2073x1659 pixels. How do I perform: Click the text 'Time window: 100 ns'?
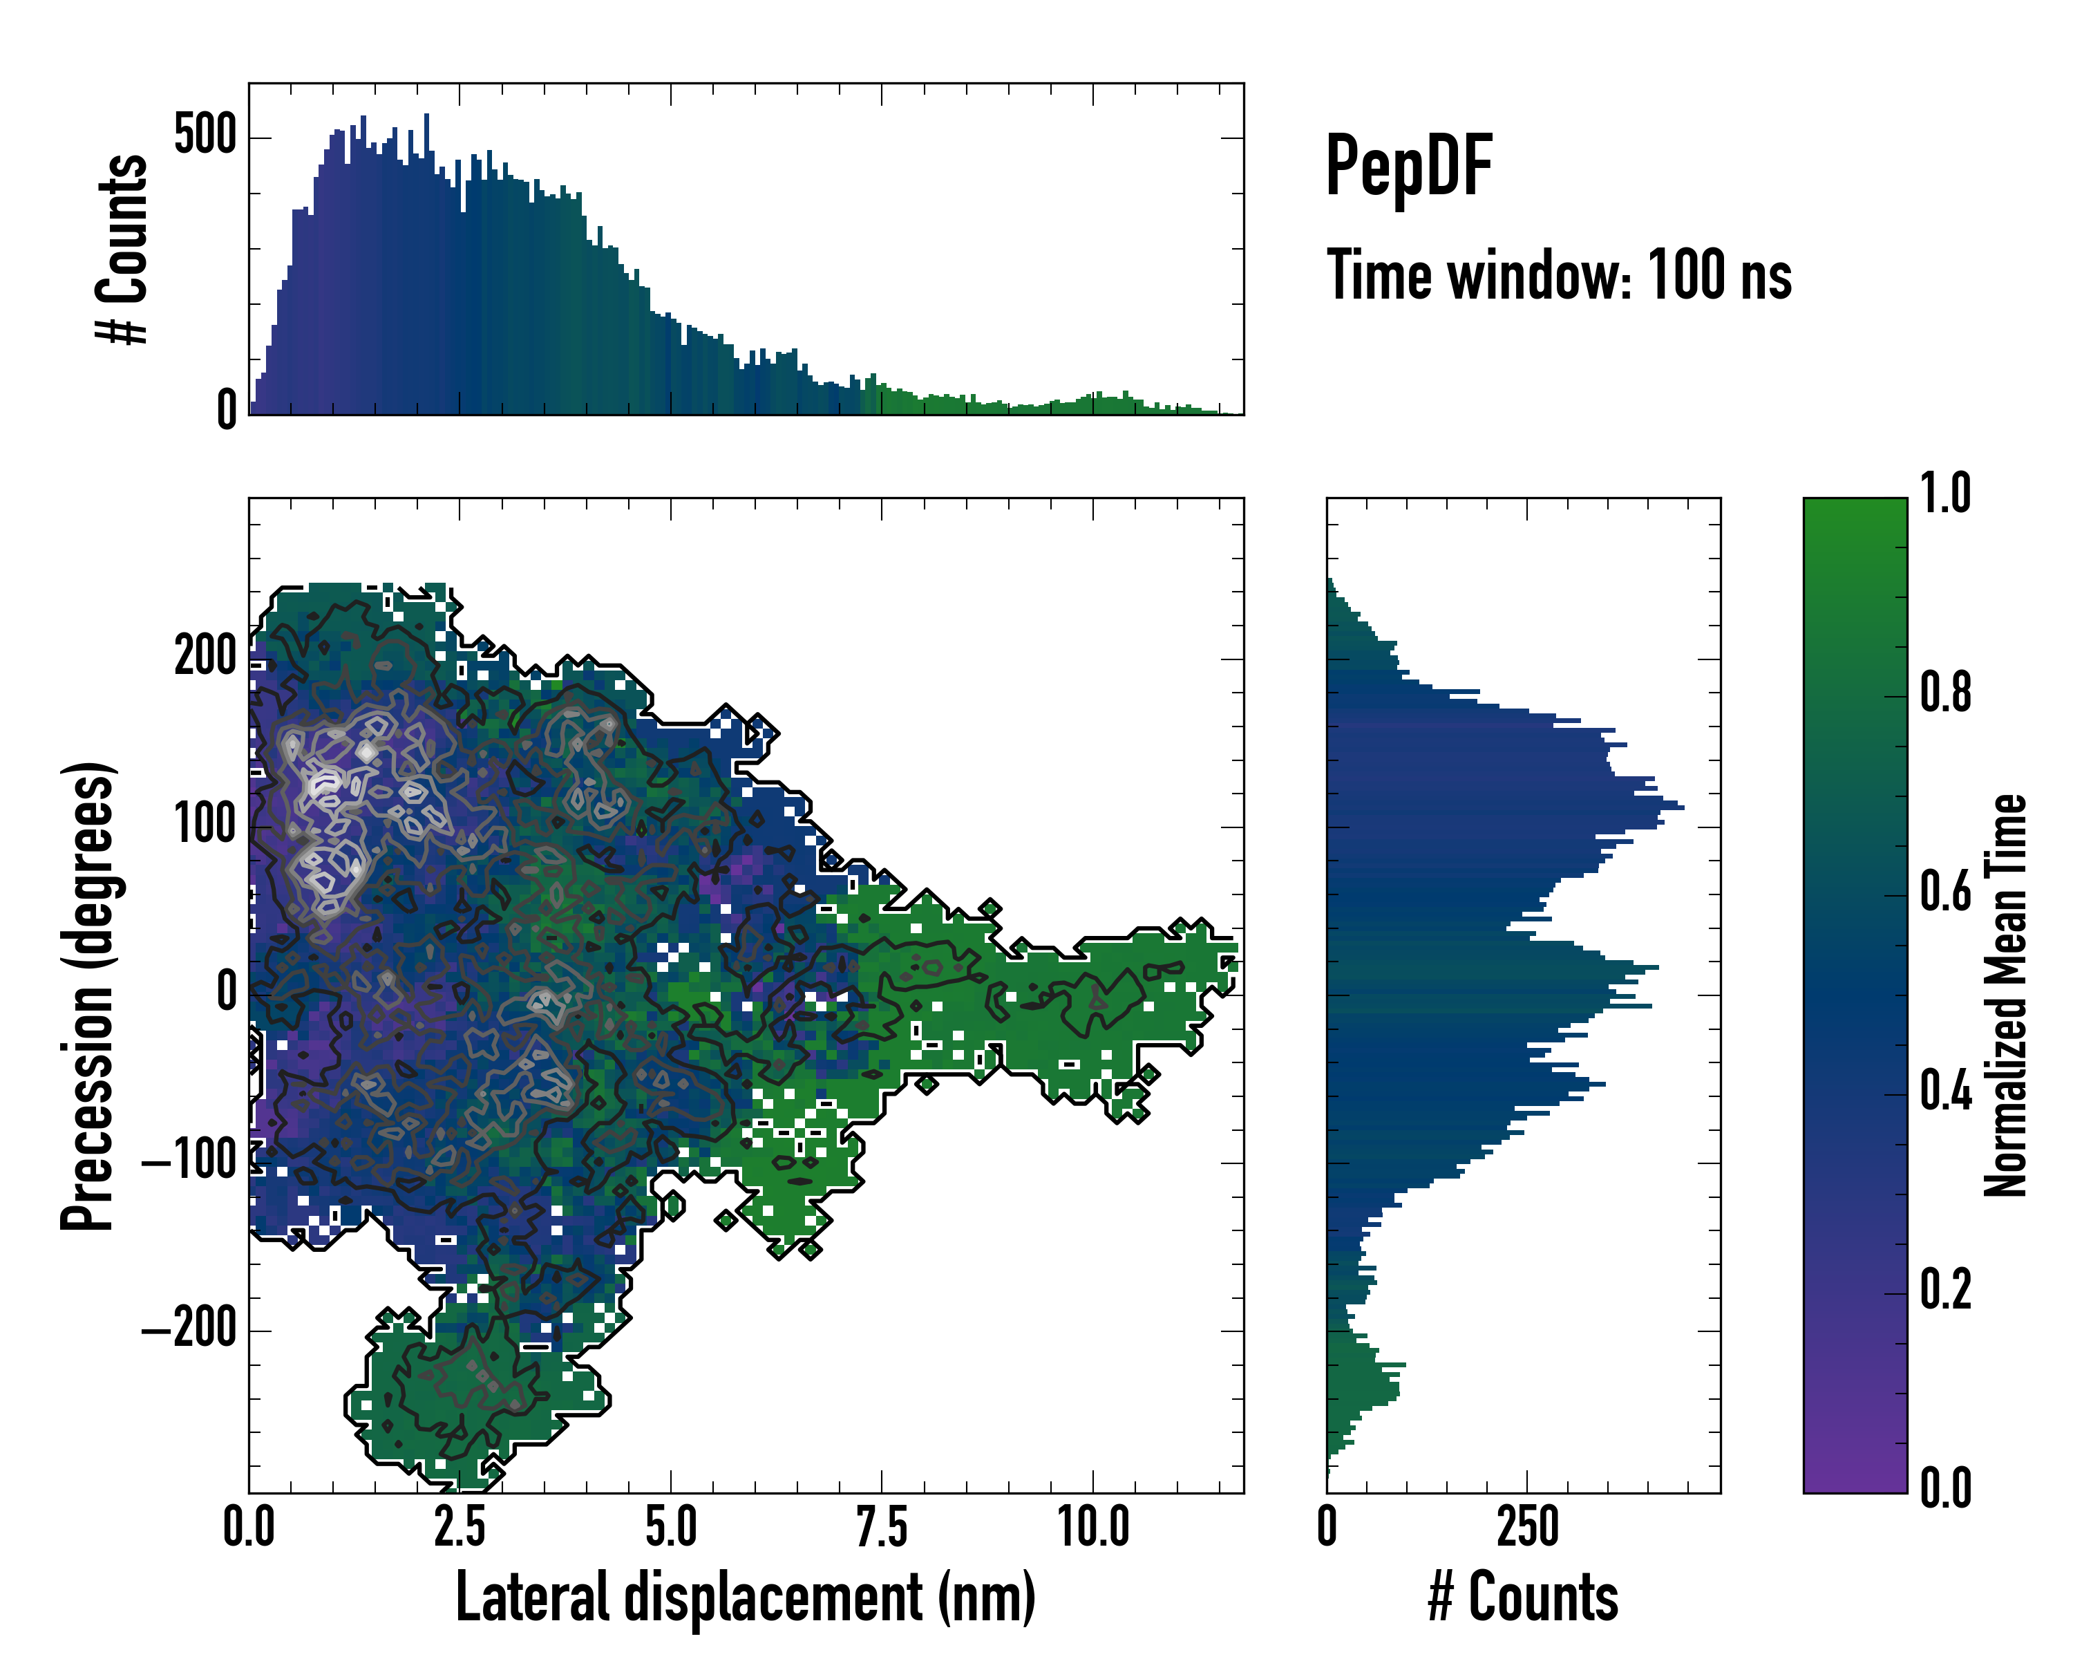pos(1559,276)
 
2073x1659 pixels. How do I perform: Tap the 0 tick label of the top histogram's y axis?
pos(227,411)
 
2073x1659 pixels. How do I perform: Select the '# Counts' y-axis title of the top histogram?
pos(122,249)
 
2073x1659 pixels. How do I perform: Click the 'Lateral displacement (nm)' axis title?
pos(745,1597)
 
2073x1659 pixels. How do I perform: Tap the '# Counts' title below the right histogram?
pos(1523,1597)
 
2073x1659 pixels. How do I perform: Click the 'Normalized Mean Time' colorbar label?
pos(2006,995)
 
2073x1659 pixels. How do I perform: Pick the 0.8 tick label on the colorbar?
pos(1945,693)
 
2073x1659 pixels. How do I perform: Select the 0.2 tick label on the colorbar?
pos(1945,1291)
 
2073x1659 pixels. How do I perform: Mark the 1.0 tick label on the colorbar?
pos(1945,494)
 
